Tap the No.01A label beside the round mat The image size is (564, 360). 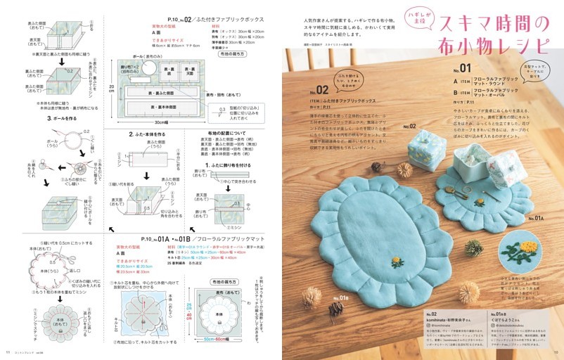point(534,219)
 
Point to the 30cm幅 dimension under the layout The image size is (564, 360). point(161,122)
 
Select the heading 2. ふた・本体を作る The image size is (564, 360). point(151,134)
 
